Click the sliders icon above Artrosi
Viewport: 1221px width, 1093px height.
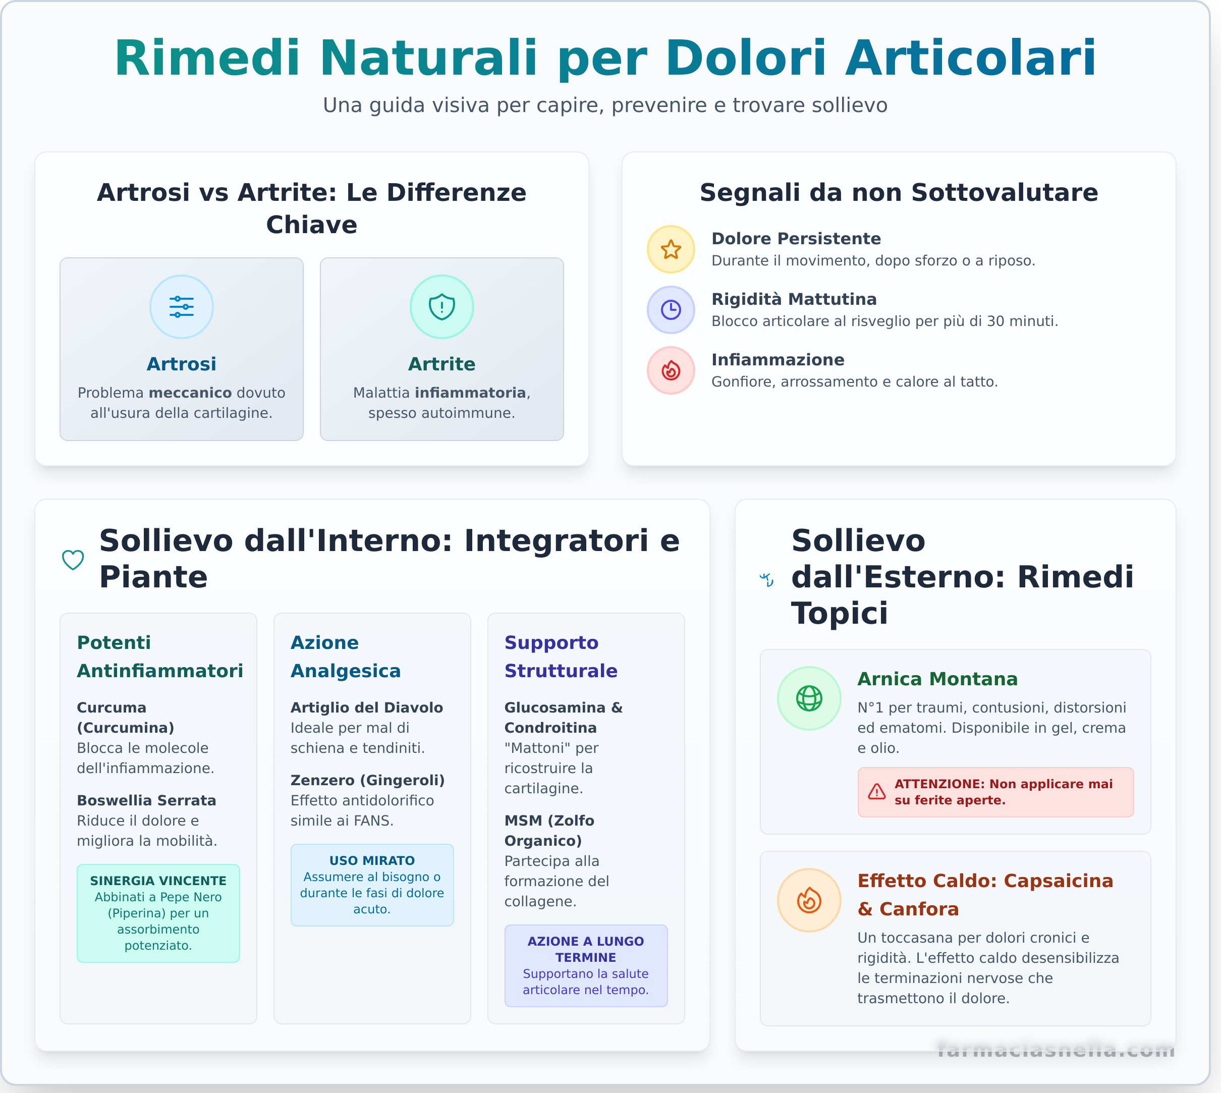181,307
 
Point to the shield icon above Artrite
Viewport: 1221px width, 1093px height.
441,307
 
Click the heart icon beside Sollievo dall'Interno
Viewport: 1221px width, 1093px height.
73,560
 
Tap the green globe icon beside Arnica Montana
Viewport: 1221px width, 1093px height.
809,698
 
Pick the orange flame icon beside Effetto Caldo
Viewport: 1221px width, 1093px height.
809,900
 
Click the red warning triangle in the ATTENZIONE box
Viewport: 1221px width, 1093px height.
877,792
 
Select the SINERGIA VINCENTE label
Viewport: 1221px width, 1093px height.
158,881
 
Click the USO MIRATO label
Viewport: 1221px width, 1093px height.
372,860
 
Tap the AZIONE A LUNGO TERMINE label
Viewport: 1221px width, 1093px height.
586,949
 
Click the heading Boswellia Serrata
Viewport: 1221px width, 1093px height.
146,800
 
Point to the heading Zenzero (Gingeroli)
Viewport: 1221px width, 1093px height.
367,780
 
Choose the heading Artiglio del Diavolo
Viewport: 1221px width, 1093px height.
366,707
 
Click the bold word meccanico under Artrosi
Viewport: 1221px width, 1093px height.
190,393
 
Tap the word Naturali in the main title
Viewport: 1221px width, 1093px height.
428,58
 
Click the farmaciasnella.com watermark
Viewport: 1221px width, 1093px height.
1055,1049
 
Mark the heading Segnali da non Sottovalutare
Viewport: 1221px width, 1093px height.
899,192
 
